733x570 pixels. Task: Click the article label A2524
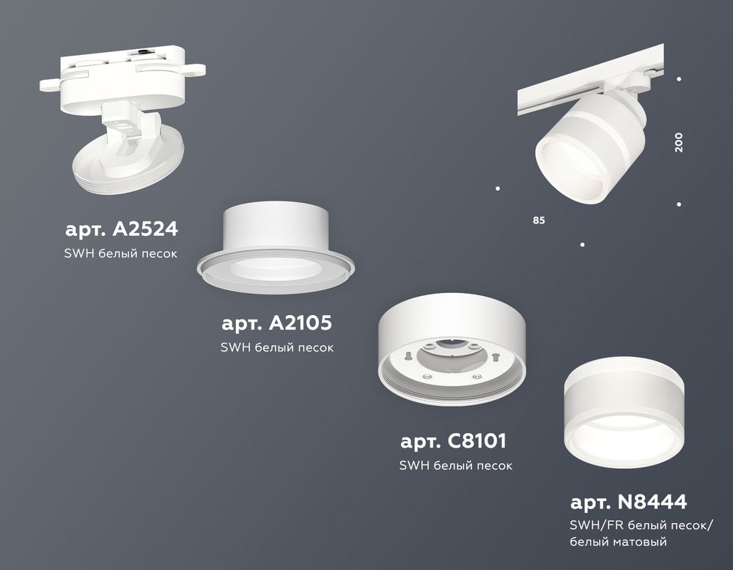point(122,229)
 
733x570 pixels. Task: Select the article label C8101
point(454,442)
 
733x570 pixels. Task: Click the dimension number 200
point(679,142)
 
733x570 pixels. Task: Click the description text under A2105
point(276,347)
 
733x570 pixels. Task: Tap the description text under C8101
point(455,465)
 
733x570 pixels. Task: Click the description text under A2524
point(122,253)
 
